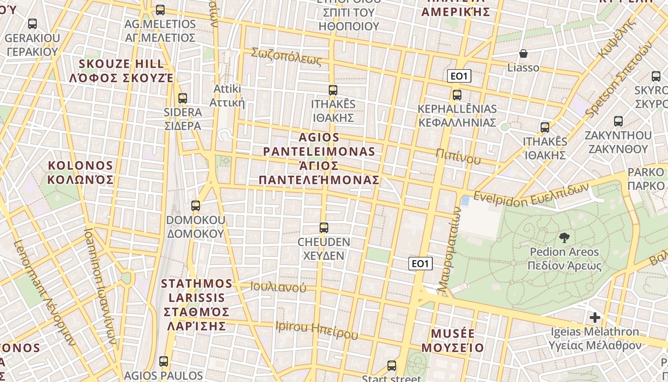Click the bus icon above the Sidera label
[182, 98]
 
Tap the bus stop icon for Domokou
[196, 206]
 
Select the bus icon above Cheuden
[324, 228]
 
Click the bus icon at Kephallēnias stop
[457, 95]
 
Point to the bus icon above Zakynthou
[618, 121]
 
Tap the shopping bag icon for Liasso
[523, 53]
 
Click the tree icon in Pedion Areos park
[564, 237]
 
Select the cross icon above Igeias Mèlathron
[595, 317]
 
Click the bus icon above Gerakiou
[32, 24]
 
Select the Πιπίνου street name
[458, 156]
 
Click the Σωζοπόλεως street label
[286, 56]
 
